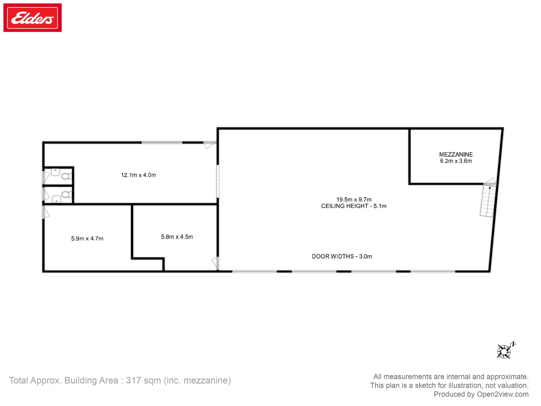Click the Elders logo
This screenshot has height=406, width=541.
coord(32,18)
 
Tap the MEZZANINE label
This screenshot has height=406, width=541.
coord(456,155)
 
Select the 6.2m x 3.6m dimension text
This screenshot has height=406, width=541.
coord(456,161)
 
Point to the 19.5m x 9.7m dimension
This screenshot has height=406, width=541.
coord(354,199)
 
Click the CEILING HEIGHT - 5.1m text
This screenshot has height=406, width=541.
coord(354,206)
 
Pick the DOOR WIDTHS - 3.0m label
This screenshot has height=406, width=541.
coord(342,256)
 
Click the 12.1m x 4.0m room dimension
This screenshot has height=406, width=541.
coord(138,175)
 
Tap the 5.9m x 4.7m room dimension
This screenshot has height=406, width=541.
coord(87,238)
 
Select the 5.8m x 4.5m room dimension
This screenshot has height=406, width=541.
coord(177,237)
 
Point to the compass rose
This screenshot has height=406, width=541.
coord(505,351)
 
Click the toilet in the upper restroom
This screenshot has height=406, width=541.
coord(66,176)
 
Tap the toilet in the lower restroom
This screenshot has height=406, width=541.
coord(66,194)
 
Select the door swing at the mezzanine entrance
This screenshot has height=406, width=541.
coord(490,181)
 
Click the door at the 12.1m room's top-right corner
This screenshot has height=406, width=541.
coord(210,145)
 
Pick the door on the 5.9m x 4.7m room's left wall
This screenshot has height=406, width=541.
coord(46,212)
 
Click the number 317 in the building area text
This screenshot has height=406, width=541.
coord(134,381)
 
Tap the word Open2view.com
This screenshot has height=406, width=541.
coord(503,394)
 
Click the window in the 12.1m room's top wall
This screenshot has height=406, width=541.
coord(162,142)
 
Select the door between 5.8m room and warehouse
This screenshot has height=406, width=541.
coord(215,263)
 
